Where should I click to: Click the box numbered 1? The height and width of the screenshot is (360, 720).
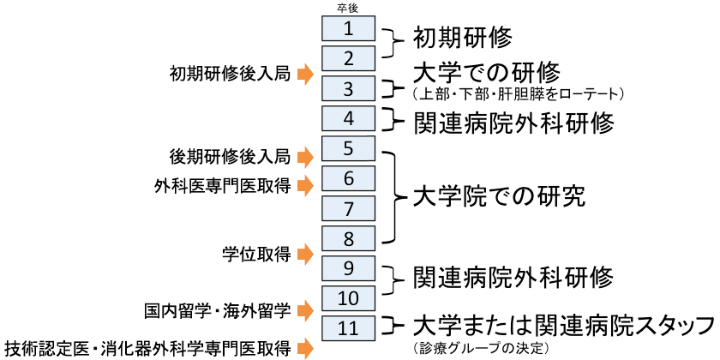[x=348, y=29]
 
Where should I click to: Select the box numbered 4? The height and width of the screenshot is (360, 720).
[x=348, y=118]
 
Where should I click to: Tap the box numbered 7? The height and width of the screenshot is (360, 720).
[x=348, y=208]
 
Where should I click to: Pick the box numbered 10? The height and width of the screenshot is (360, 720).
[x=348, y=298]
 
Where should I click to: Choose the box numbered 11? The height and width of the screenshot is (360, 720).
[x=348, y=327]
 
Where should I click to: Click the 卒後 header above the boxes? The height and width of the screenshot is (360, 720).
[x=348, y=8]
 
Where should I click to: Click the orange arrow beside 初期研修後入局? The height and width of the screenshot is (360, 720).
[x=305, y=75]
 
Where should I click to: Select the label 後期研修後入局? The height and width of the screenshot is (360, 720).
[x=231, y=157]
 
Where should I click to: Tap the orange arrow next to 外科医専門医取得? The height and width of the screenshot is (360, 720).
[x=305, y=185]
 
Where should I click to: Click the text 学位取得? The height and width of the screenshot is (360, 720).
[x=255, y=252]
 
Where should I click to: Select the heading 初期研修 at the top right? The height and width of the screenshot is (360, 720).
[x=462, y=38]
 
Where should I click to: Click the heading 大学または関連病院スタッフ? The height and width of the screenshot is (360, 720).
[x=562, y=326]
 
